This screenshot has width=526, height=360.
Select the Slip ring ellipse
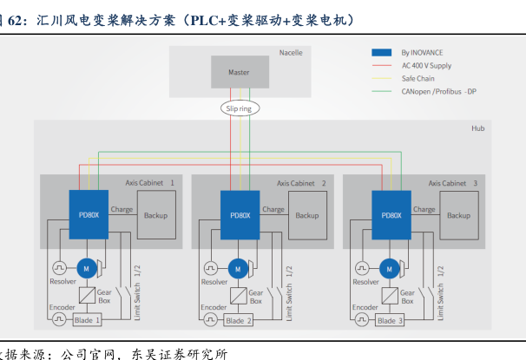(238, 109)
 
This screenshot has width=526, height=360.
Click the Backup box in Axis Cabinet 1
(156, 215)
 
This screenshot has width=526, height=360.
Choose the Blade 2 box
(238, 320)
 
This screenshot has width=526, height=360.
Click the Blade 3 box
(389, 320)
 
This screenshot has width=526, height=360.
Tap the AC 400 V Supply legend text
(426, 65)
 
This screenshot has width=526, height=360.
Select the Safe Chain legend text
(418, 78)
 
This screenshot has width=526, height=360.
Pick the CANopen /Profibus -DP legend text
(438, 90)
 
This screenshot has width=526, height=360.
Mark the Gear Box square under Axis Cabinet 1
(87, 295)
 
